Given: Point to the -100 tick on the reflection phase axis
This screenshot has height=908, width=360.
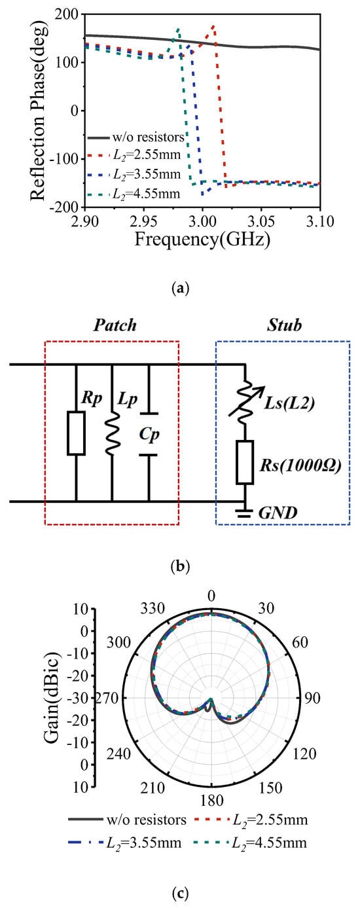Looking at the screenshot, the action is click(64, 158).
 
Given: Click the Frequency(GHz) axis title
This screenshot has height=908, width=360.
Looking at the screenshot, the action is click(202, 240).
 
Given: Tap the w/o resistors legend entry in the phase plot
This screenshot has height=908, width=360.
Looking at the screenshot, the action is click(135, 137).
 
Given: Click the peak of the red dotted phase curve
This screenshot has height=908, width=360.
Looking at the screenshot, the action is click(213, 27).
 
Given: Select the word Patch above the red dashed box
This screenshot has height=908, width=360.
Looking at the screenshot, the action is click(115, 325).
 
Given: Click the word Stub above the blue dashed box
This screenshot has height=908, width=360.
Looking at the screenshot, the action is click(284, 325).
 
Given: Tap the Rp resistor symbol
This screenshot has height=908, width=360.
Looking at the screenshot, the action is click(76, 433).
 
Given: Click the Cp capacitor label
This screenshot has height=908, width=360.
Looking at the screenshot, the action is click(149, 435).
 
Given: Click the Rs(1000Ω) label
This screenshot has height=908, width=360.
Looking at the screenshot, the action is click(300, 465).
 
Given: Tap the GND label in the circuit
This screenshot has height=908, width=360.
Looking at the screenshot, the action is click(278, 513).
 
